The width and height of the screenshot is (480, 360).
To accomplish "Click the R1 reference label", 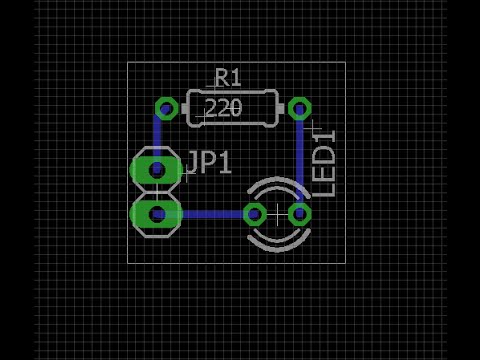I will click(228, 77).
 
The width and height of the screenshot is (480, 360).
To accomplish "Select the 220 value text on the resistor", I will click(223, 108).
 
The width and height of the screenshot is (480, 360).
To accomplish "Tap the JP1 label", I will click(208, 163).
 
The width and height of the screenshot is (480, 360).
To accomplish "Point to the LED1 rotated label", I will click(325, 163).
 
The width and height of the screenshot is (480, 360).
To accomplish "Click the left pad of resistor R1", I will click(167, 108).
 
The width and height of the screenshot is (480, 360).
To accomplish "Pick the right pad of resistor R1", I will click(299, 108).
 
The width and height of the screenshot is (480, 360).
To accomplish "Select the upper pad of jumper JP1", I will click(156, 169).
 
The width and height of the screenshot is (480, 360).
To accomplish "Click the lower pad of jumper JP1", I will click(156, 213).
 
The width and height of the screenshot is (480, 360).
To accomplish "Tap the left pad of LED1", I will click(255, 213).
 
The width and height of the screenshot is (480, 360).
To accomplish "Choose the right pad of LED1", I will click(299, 213).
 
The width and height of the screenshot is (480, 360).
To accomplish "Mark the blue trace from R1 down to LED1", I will click(299, 160).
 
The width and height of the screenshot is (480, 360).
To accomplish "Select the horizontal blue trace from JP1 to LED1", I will click(210, 213).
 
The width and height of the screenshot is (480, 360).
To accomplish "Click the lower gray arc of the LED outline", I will click(277, 243).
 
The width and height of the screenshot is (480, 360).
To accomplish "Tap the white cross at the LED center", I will click(277, 213).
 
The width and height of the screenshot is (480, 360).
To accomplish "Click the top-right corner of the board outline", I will click(345, 63).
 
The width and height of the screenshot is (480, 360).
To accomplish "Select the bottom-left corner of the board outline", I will click(128, 262).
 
